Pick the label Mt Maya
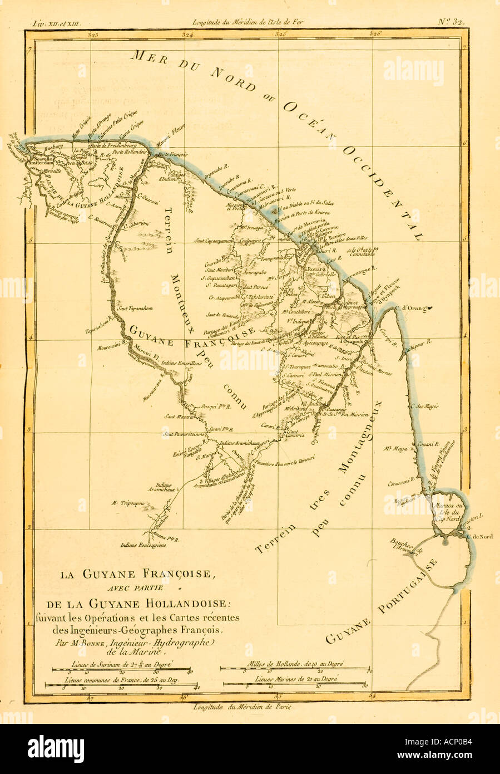pos(397,447)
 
